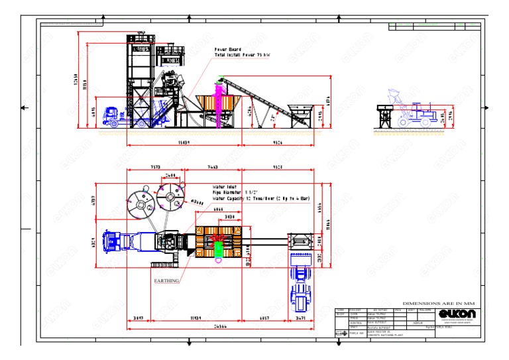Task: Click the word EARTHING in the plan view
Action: (x=166, y=280)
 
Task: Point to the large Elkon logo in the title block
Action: (x=454, y=313)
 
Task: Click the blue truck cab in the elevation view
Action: (x=111, y=116)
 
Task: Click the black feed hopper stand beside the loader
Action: (x=382, y=114)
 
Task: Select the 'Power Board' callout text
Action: (x=226, y=50)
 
